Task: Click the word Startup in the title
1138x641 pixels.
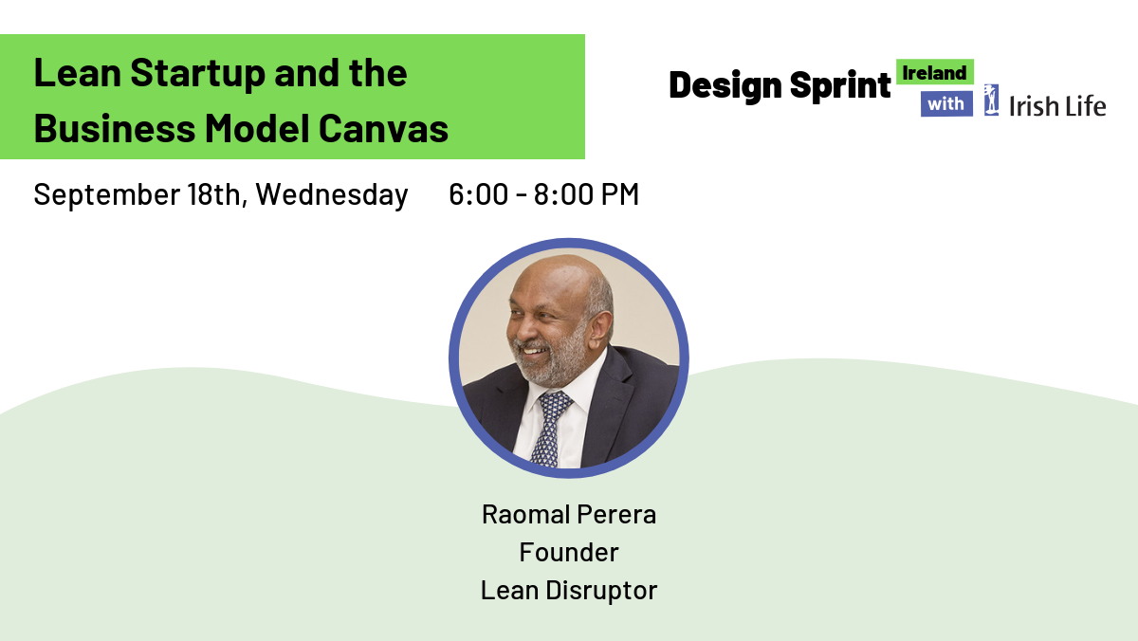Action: pos(197,75)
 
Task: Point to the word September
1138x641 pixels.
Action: pos(106,195)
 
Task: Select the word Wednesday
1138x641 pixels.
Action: pos(332,195)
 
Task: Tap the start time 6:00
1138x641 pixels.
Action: pos(478,194)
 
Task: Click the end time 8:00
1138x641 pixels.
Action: pos(563,194)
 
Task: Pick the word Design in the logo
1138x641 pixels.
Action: pos(725,85)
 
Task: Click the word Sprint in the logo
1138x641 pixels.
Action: pos(840,85)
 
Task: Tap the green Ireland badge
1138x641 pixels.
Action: pos(935,72)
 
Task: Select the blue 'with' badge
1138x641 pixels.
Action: pos(946,104)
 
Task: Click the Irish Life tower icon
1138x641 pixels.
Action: pos(991,101)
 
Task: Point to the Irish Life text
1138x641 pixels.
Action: pos(1057,106)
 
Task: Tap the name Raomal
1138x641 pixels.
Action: pos(525,515)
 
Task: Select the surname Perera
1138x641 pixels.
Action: pos(616,515)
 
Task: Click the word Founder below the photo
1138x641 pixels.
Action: pos(569,552)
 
